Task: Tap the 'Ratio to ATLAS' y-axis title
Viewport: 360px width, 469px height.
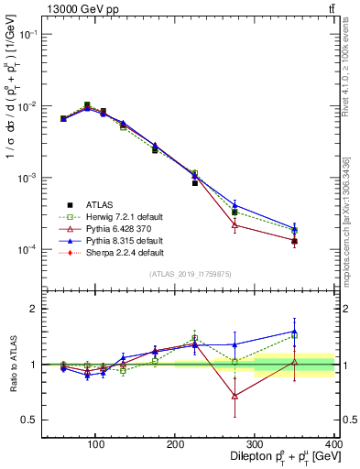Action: click(x=12, y=365)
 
